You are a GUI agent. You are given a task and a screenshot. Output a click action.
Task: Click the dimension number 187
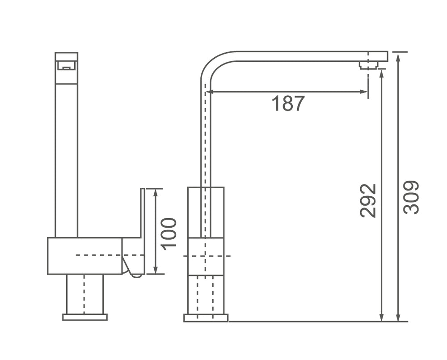(x=288, y=104)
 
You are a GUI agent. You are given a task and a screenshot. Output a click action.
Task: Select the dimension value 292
(x=369, y=200)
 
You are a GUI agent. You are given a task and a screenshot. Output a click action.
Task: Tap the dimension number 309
(x=411, y=197)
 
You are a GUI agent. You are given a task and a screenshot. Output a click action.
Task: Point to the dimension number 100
(x=169, y=233)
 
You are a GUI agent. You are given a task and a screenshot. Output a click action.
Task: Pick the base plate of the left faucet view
(x=84, y=317)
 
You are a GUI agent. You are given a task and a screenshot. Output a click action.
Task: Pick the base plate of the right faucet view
(x=206, y=318)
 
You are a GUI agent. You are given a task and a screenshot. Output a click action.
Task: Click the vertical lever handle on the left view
(x=142, y=212)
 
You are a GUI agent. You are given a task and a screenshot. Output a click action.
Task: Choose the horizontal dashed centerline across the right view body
(x=207, y=256)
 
